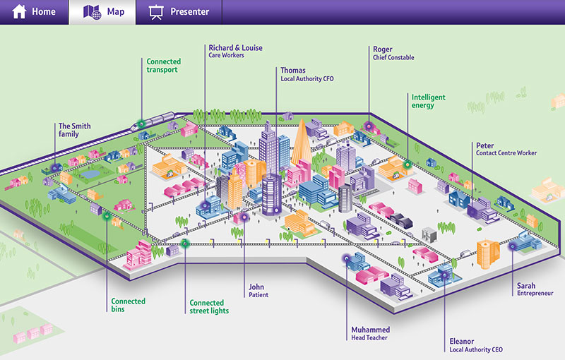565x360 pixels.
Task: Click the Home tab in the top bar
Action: pyautogui.click(x=34, y=12)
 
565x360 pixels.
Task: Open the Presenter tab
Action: pyautogui.click(x=179, y=12)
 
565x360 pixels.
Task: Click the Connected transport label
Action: pyautogui.click(x=163, y=66)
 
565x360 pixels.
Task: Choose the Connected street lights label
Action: pyautogui.click(x=209, y=307)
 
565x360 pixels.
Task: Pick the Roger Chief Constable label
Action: pyautogui.click(x=393, y=53)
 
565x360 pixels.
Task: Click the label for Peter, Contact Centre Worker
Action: pyautogui.click(x=506, y=148)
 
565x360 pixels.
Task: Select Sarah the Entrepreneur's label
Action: pyautogui.click(x=535, y=289)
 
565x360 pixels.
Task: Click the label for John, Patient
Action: pyautogui.click(x=258, y=291)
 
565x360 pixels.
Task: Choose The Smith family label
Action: pyautogui.click(x=74, y=131)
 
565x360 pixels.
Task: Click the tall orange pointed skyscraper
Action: pyautogui.click(x=299, y=145)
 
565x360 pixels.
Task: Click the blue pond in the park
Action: pyautogui.click(x=90, y=172)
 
